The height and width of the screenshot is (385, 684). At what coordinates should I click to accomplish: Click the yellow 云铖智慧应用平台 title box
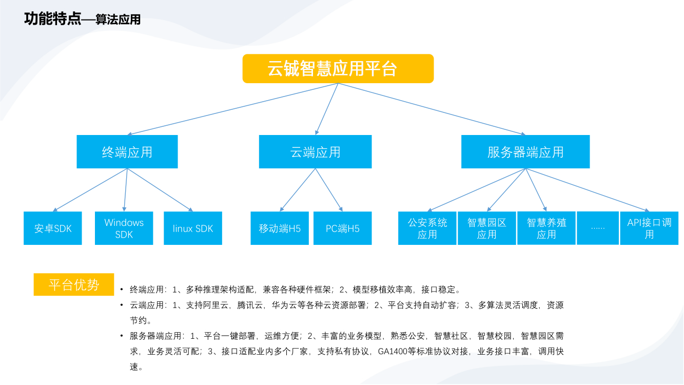click(x=338, y=68)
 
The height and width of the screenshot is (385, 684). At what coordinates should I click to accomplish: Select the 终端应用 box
click(x=127, y=152)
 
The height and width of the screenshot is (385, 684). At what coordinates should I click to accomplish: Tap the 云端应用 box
click(x=315, y=152)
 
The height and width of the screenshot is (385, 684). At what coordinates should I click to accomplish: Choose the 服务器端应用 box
click(x=525, y=152)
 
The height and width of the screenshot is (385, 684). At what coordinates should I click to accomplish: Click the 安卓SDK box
click(x=53, y=228)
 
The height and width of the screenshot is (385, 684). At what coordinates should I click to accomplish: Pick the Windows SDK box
click(x=124, y=228)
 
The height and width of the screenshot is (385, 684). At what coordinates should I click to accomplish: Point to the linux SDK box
click(x=193, y=228)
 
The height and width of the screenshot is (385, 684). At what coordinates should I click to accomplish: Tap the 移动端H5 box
click(x=280, y=228)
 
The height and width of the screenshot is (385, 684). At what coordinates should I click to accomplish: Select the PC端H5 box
click(x=342, y=228)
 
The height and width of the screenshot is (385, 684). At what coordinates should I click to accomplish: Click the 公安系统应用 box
click(x=427, y=228)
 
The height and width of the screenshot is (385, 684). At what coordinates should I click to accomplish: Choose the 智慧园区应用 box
click(x=486, y=228)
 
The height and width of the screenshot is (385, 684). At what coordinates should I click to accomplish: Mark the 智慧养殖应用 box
click(x=546, y=228)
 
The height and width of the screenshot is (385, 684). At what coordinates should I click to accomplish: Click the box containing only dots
click(x=598, y=227)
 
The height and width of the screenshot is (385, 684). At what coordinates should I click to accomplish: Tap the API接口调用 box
click(x=649, y=228)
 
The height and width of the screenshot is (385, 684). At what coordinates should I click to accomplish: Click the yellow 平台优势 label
click(x=73, y=284)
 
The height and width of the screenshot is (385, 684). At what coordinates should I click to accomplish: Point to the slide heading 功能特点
click(x=52, y=20)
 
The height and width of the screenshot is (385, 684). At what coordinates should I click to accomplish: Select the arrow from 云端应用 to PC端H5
click(x=329, y=190)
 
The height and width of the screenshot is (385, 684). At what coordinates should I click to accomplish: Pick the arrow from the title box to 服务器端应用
click(x=431, y=109)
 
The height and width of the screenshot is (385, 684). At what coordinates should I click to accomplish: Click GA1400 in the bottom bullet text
click(x=393, y=352)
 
